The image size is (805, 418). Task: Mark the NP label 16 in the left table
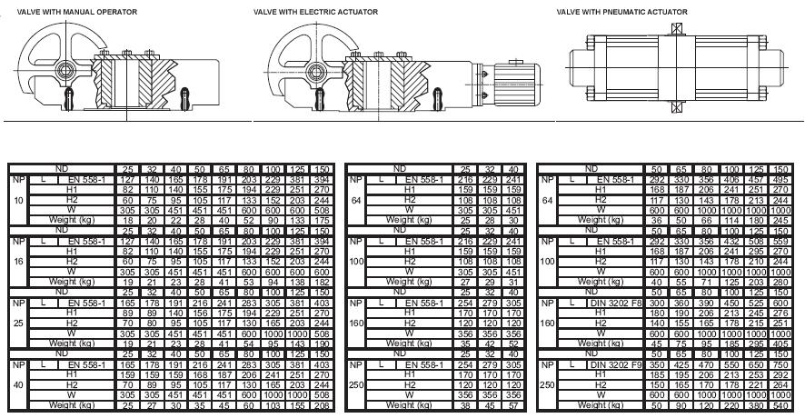(17, 261)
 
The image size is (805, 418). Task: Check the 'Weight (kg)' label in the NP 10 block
(62, 221)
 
